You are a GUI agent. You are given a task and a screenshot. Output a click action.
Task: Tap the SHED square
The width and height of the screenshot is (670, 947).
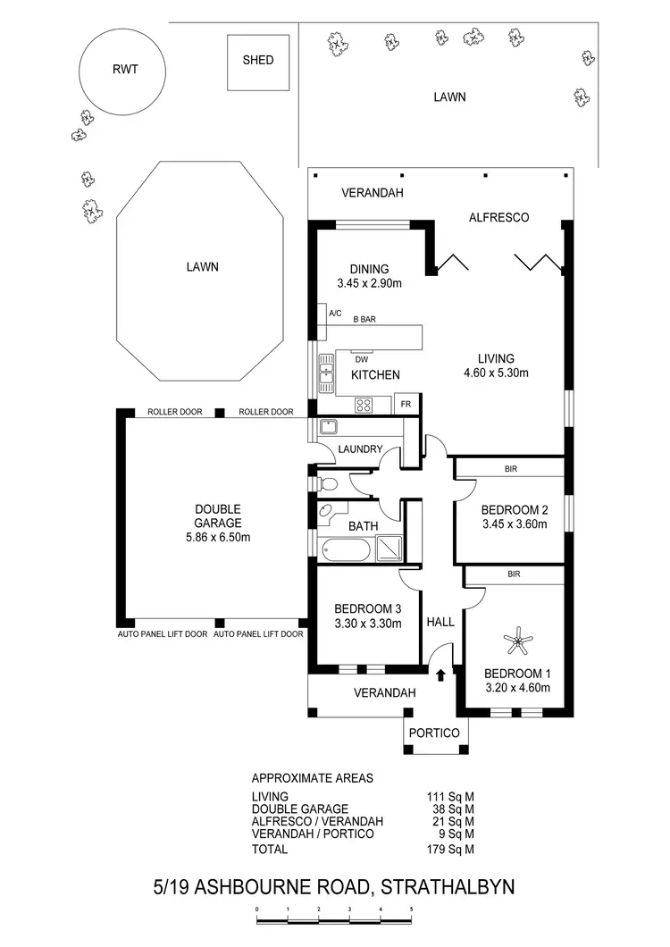click(258, 62)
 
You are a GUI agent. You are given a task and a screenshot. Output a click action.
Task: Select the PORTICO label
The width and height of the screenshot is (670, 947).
click(434, 733)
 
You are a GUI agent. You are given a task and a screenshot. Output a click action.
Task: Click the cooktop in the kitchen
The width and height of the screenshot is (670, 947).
click(364, 405)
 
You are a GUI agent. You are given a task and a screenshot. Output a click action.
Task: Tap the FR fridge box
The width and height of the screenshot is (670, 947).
click(406, 404)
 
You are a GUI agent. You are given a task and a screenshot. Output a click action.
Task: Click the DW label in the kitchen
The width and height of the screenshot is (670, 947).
click(362, 360)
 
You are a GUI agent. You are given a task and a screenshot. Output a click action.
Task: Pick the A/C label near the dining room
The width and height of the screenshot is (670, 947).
click(336, 314)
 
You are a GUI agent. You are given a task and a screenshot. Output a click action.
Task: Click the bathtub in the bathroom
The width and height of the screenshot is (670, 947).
click(340, 550)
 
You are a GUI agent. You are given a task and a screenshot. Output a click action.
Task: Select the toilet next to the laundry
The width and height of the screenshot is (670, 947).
click(326, 484)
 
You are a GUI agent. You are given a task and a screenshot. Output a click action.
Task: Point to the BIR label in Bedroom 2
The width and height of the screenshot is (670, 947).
click(512, 468)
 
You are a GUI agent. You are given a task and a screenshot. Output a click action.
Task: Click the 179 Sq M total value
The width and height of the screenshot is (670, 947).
click(450, 849)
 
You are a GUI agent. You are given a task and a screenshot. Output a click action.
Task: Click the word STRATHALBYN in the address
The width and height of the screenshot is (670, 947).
click(448, 887)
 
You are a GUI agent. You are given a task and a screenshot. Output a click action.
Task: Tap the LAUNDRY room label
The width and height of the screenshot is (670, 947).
click(361, 449)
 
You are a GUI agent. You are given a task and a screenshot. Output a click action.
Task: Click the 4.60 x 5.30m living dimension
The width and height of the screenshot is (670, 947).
click(496, 373)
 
